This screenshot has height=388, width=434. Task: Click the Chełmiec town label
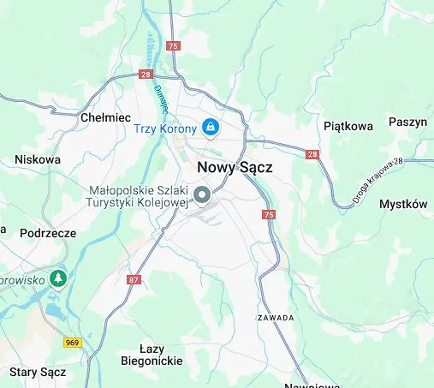[x=104, y=117]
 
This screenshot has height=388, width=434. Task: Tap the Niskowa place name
[x=38, y=159]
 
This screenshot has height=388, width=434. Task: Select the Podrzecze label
[x=48, y=233]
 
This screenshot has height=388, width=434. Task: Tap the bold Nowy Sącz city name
[x=235, y=168]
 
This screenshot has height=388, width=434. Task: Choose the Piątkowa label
[x=349, y=126]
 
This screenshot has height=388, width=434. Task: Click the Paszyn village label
[x=407, y=122]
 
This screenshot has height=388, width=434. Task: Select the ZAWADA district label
[x=276, y=317]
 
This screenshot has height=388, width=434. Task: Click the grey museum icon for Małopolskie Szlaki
[x=203, y=196]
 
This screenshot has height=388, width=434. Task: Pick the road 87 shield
[x=133, y=280]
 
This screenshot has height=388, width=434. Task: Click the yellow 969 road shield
[x=73, y=343]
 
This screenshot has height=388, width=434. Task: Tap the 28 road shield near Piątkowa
[x=312, y=154]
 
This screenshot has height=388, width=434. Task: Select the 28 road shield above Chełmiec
[x=146, y=75]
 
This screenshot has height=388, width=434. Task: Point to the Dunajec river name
[x=160, y=97]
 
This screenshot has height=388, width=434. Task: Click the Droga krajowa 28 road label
[x=378, y=181]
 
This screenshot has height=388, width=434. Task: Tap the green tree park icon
[x=57, y=278]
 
